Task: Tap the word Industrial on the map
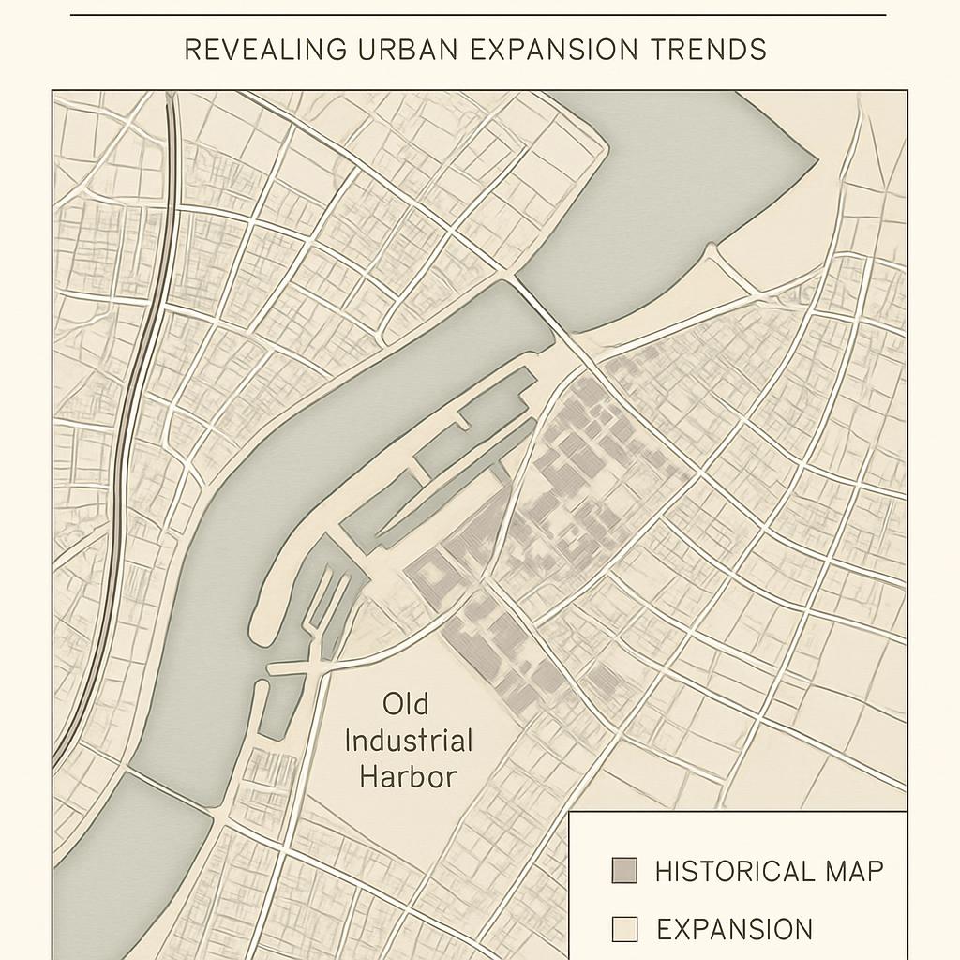tap(409, 741)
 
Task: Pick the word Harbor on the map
tap(409, 777)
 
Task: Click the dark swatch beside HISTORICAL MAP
tap(623, 871)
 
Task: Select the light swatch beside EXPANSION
tap(623, 929)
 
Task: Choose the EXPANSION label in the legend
tap(734, 929)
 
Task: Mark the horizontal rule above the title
tap(478, 15)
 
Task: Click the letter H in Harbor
tap(370, 777)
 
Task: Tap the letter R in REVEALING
tap(190, 50)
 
